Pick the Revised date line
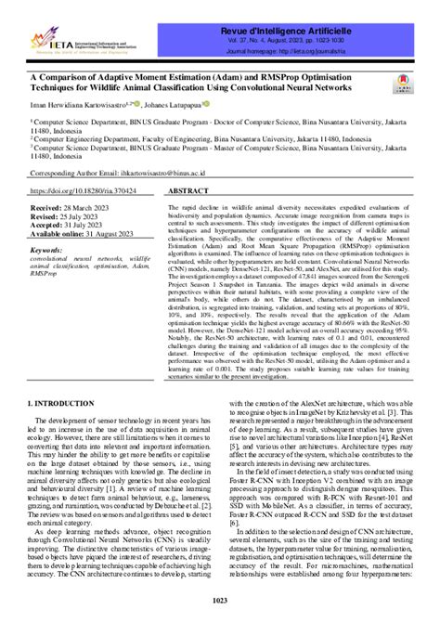tap(69, 217)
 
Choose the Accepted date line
tap(71, 226)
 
